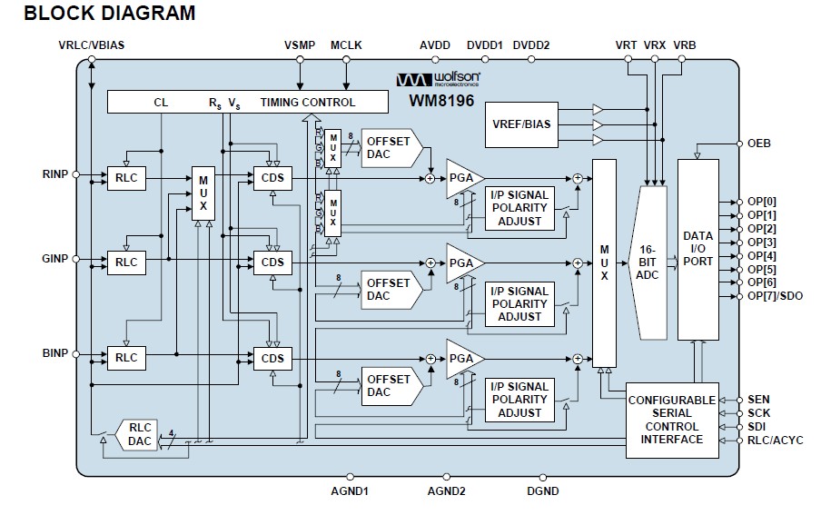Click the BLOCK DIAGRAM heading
109,14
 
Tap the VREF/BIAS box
520,124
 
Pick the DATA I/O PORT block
697,250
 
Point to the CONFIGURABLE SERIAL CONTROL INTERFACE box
672,420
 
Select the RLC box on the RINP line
126,178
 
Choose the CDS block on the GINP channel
272,262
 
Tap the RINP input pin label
54,173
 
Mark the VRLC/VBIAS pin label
91,45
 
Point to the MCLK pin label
346,45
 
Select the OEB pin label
758,144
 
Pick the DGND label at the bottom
542,491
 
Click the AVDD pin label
435,45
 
